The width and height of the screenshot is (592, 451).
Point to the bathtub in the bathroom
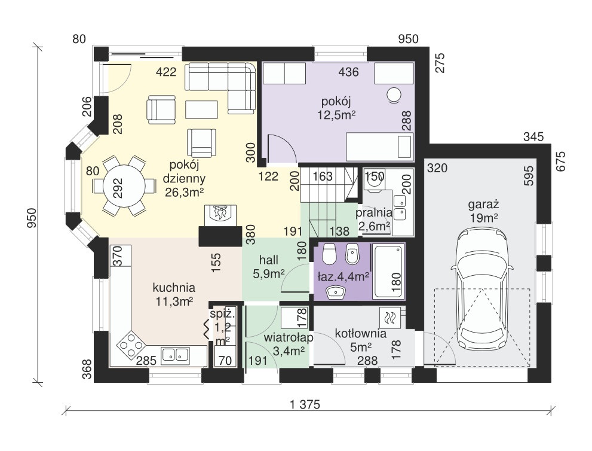click(388, 271)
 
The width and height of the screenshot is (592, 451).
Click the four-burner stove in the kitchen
click(131, 344)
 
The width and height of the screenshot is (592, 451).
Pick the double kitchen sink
click(176, 355)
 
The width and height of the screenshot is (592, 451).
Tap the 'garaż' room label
click(484, 205)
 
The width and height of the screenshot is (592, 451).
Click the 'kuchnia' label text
click(174, 288)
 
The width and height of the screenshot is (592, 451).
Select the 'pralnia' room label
click(374, 213)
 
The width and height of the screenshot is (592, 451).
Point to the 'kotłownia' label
click(361, 334)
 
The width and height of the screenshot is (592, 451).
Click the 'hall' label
click(269, 260)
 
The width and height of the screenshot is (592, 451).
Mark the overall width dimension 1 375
click(305, 405)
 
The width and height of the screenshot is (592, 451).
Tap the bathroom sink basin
click(336, 292)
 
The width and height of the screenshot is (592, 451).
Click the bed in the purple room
click(379, 147)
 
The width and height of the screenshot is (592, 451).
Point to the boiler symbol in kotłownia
click(390, 318)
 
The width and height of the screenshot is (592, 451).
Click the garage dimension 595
click(529, 175)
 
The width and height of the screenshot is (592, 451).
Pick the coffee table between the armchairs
click(201, 109)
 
